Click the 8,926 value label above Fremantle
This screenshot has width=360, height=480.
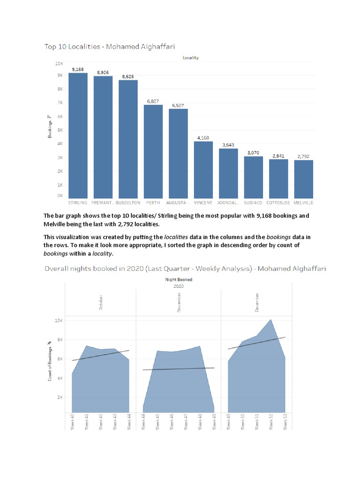click(103, 72)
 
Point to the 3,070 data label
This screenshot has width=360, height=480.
click(253, 153)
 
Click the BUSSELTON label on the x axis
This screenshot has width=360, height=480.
click(127, 203)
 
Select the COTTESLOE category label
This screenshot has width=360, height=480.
click(278, 203)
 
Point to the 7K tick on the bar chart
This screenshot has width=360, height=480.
click(60, 103)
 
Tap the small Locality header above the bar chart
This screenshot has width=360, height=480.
click(191, 58)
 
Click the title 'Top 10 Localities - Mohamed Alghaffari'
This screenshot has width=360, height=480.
click(112, 46)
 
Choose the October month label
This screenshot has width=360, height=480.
click(101, 302)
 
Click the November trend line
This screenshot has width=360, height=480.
click(178, 369)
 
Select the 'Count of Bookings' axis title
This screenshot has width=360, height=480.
click(50, 360)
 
